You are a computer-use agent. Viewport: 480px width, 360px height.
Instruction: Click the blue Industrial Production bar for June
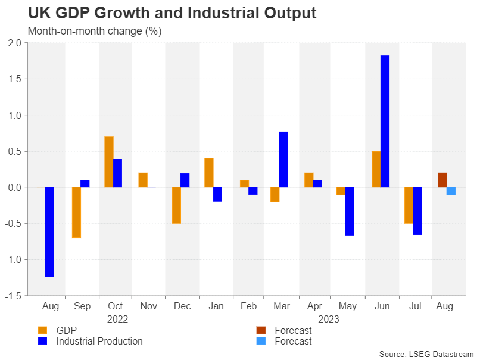click(385, 121)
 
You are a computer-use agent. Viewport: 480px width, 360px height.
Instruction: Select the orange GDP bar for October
click(109, 162)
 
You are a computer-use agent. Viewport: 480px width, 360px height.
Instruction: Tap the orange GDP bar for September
click(76, 212)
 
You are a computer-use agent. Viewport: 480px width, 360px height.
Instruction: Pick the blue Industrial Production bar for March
click(283, 159)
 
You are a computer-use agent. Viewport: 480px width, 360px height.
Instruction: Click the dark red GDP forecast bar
click(442, 180)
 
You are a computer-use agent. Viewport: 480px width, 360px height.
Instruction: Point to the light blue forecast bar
click(451, 191)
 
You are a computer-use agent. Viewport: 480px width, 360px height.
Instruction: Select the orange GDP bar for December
click(176, 205)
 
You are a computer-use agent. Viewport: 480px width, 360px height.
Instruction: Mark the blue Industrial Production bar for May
click(350, 211)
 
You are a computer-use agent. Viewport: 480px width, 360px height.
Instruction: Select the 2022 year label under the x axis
click(117, 319)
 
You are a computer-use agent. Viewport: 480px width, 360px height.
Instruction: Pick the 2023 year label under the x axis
click(329, 319)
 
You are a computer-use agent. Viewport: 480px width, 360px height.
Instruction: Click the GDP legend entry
click(66, 330)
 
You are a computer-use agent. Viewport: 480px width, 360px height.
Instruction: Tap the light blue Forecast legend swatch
click(261, 341)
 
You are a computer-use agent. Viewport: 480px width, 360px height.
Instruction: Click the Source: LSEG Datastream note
click(425, 354)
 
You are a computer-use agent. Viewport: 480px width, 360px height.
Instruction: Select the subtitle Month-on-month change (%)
click(94, 30)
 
